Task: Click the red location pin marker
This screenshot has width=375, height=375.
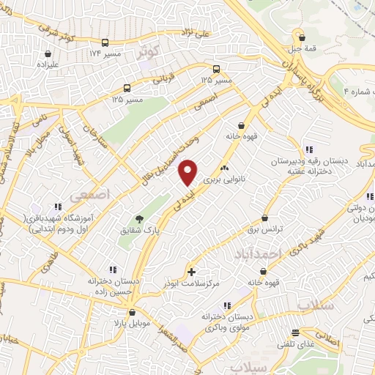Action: pyautogui.click(x=188, y=173)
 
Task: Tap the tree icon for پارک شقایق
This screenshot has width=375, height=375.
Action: pyautogui.click(x=138, y=218)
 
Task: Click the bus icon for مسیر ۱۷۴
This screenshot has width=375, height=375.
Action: pyautogui.click(x=105, y=42)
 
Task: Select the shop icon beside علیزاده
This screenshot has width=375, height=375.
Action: pyautogui.click(x=48, y=53)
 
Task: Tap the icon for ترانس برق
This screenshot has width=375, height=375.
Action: pyautogui.click(x=264, y=218)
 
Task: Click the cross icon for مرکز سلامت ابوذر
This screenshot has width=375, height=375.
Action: pyautogui.click(x=191, y=272)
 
